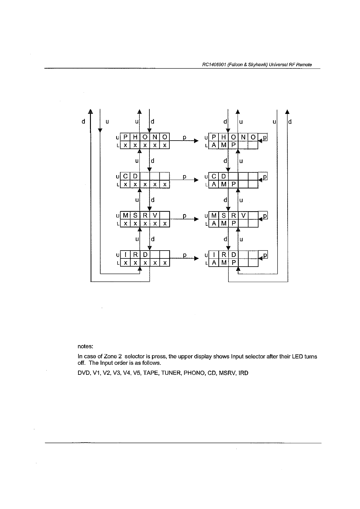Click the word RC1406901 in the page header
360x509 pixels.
pos(213,65)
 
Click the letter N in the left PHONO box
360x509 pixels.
pos(155,137)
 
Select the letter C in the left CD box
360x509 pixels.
pos(125,176)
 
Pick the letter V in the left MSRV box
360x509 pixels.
pos(155,215)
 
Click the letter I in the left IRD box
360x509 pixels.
pos(125,254)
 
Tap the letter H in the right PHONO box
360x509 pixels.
pos(224,137)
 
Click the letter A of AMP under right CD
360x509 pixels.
pos(214,184)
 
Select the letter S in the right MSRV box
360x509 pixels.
pos(224,215)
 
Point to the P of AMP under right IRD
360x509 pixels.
pos(234,263)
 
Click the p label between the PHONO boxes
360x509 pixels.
pos(184,138)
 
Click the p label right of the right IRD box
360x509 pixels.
pos(265,255)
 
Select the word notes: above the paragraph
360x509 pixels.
pos(85,346)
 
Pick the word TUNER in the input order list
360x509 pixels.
pos(171,373)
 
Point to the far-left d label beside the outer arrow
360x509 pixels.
pos(83,121)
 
